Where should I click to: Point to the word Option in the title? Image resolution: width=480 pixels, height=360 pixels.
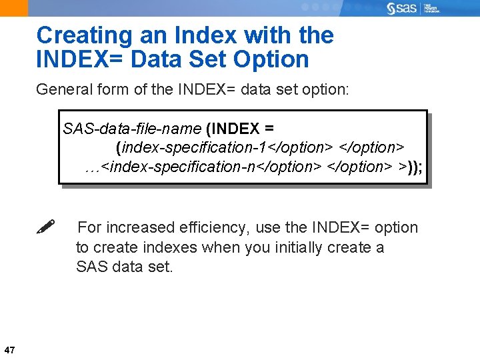271,59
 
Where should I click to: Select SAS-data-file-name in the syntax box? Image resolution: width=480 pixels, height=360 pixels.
131,128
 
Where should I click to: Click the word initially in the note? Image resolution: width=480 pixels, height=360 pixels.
301,247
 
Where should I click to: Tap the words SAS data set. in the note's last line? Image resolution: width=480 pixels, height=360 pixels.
124,267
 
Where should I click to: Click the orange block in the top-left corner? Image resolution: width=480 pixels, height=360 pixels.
13,8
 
